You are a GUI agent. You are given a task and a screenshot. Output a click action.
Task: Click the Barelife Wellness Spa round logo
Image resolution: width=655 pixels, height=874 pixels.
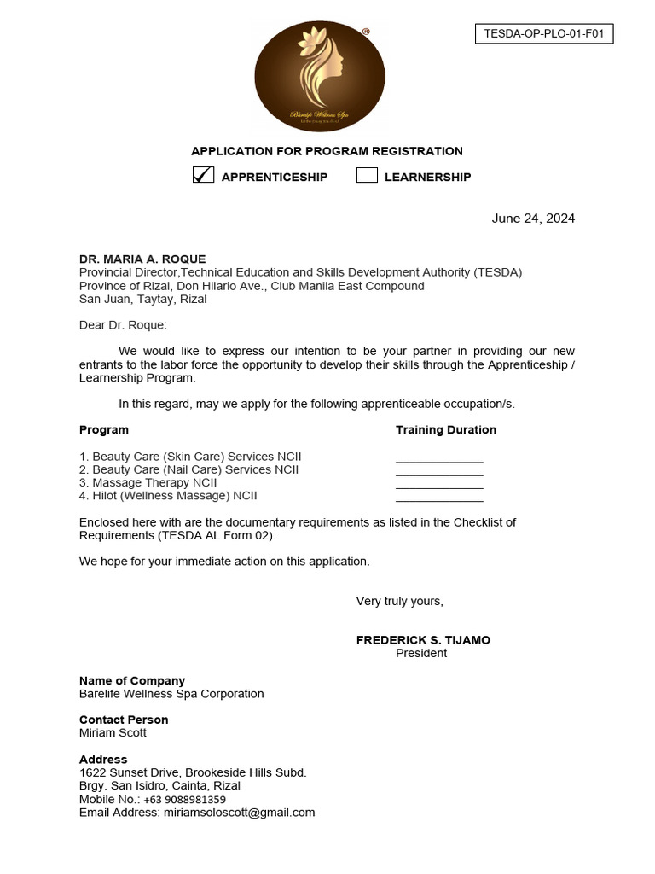(x=320, y=75)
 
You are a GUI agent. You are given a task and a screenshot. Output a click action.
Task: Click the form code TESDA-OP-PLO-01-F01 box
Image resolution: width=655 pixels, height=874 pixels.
(x=543, y=34)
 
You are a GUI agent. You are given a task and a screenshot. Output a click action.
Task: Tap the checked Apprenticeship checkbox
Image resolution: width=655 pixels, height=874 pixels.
(x=203, y=175)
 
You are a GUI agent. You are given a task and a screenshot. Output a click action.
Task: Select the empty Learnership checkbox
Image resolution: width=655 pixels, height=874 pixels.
(x=367, y=176)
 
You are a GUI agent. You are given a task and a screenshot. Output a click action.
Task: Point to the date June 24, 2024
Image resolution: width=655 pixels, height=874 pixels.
(x=533, y=218)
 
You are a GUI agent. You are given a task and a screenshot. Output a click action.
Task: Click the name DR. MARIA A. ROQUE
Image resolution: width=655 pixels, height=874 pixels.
(x=142, y=259)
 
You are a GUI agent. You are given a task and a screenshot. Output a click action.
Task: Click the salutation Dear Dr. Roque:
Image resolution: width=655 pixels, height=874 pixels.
(x=123, y=325)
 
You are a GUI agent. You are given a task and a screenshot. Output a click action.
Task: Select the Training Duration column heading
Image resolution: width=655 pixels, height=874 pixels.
(x=445, y=430)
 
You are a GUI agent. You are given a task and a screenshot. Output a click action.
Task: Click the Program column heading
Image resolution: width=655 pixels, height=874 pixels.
(x=104, y=430)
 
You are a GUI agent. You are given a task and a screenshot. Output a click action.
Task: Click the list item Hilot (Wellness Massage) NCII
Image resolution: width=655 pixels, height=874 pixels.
(x=168, y=496)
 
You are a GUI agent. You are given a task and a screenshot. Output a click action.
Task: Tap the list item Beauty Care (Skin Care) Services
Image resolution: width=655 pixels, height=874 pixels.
(x=190, y=457)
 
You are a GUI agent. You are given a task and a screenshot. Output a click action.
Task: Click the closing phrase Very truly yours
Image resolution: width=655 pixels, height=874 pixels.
(x=399, y=602)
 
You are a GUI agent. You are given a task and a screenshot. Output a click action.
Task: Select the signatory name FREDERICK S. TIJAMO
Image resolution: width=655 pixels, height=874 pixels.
(x=423, y=640)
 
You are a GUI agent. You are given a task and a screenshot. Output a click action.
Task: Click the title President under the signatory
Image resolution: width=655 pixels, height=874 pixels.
(x=421, y=654)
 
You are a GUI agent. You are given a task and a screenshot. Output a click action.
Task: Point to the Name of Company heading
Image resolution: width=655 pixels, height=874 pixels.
(x=132, y=681)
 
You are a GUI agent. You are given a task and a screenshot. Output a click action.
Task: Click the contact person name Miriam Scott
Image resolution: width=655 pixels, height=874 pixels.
(x=113, y=733)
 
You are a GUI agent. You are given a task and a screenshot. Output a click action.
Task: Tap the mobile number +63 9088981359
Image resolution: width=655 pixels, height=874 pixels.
(x=184, y=800)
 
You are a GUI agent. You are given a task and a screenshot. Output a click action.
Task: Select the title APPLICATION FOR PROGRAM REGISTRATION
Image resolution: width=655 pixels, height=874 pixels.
(x=327, y=151)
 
